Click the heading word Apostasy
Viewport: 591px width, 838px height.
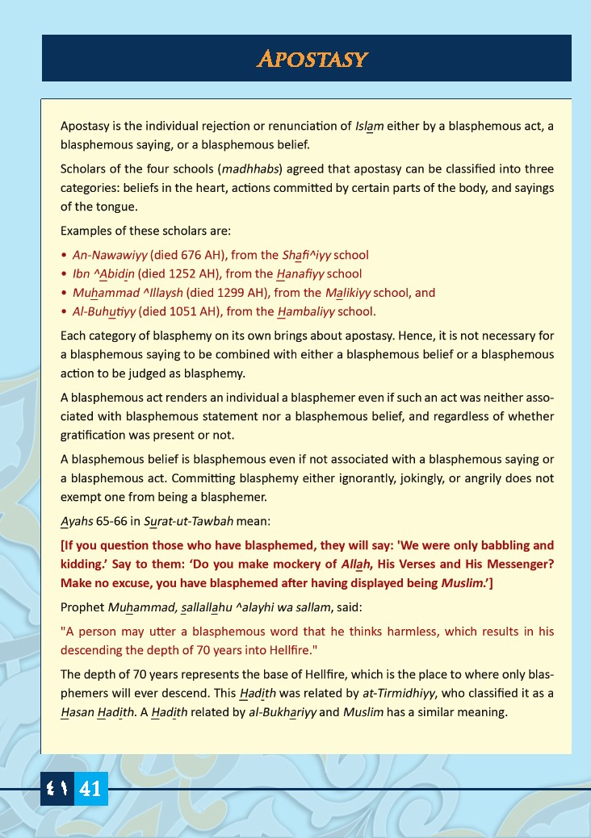click(x=312, y=59)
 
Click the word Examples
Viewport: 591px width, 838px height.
click(x=86, y=231)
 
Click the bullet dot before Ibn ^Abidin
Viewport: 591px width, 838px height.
click(x=64, y=274)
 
